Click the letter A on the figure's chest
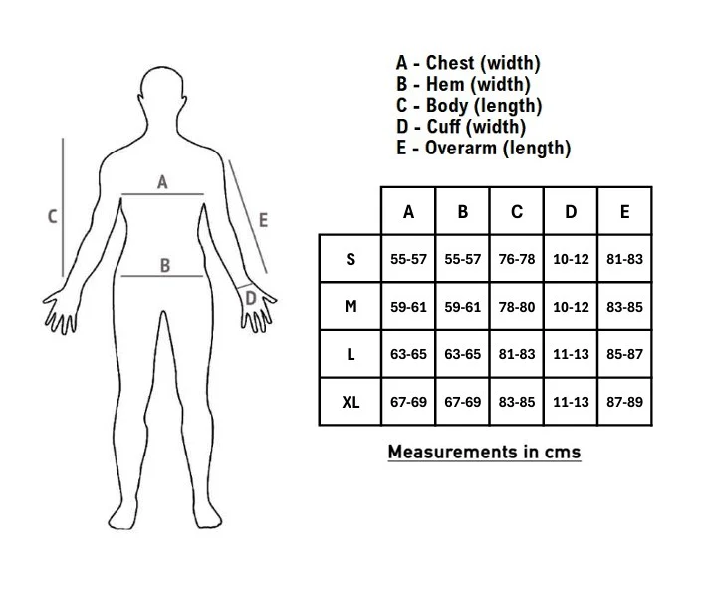point(162,182)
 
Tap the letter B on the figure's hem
point(165,266)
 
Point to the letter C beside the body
point(53,217)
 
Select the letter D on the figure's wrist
point(251,298)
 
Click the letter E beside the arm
point(263,220)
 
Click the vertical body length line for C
point(63,207)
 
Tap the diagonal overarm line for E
point(248,217)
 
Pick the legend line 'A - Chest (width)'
point(468,63)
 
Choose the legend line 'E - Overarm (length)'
point(483,148)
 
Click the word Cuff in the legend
point(443,127)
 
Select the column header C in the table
point(517,212)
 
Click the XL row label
point(351,402)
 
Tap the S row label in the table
point(351,259)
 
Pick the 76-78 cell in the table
point(517,259)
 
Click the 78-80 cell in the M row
point(517,307)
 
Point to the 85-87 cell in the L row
point(624,354)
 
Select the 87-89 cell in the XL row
point(624,402)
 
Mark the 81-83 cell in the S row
point(624,259)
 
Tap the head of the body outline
point(162,88)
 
